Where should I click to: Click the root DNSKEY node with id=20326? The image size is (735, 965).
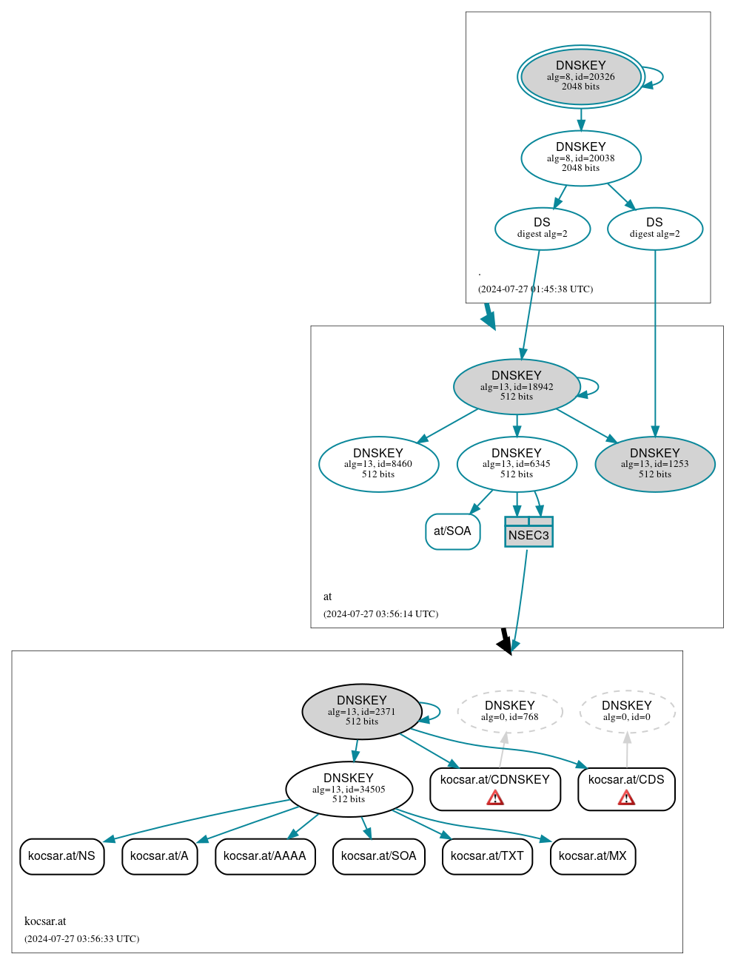(x=580, y=77)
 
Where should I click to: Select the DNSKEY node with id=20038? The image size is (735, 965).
(x=580, y=158)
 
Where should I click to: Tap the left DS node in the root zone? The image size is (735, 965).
(x=542, y=229)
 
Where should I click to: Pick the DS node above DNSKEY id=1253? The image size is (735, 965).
(x=654, y=229)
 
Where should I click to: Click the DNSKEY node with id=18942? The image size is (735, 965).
(x=516, y=386)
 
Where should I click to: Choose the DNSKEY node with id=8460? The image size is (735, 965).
(x=378, y=464)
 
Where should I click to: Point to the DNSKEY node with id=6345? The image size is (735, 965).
(x=516, y=464)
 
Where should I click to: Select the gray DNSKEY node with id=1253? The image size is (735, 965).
(x=654, y=464)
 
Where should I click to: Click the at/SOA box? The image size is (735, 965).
(x=452, y=531)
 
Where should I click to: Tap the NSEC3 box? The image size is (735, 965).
(x=528, y=532)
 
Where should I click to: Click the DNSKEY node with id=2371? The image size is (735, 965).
(x=361, y=711)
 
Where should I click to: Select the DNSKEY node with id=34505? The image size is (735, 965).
(x=349, y=789)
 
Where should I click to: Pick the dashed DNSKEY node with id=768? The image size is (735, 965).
(x=509, y=711)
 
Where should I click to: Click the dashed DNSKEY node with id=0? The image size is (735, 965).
(x=626, y=711)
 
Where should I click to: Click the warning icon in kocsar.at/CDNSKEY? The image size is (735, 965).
(x=495, y=797)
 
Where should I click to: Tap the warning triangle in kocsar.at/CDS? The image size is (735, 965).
(x=626, y=797)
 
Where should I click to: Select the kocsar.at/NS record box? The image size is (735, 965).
(x=61, y=856)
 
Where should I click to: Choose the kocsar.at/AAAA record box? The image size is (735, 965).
(x=264, y=856)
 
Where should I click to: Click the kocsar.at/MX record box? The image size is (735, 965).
(x=592, y=856)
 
